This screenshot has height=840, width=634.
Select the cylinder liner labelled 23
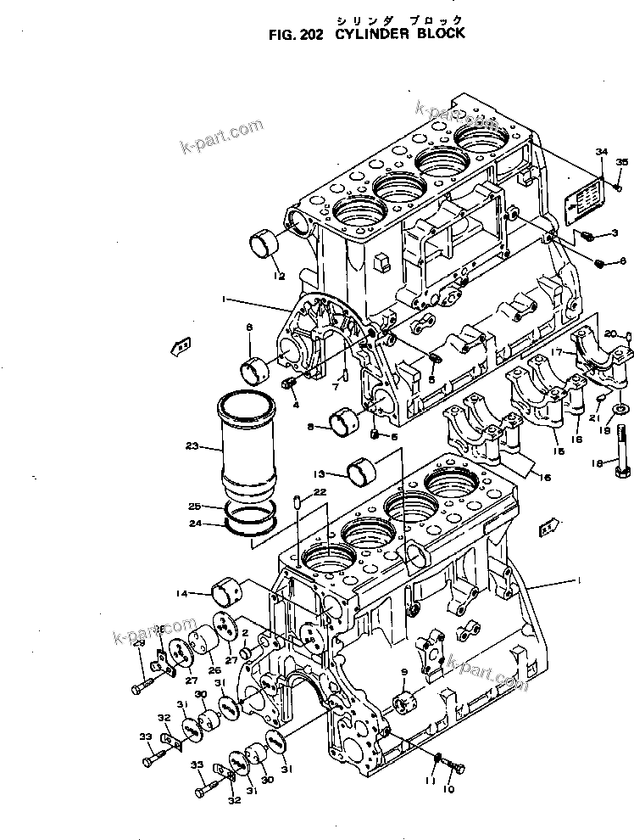click(251, 446)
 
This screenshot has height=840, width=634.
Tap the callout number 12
click(277, 276)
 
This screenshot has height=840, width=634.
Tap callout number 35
click(621, 162)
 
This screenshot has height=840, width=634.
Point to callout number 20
click(610, 333)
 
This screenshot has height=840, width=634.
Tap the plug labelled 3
click(593, 235)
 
